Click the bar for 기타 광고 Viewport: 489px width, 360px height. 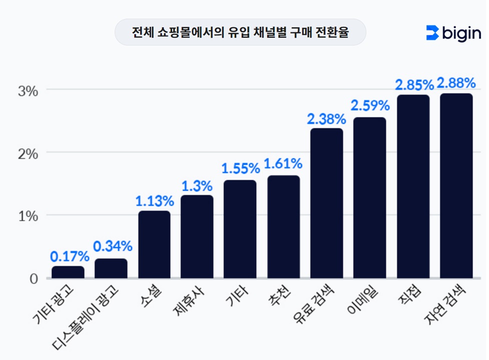tap(68, 272)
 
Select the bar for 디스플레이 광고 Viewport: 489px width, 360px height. tap(111, 268)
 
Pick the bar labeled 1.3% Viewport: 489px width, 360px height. tap(197, 236)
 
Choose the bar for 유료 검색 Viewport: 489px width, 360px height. tap(326, 203)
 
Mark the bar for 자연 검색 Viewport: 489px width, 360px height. tap(456, 185)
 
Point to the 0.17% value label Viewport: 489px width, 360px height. tap(69, 257)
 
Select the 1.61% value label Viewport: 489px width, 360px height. tap(283, 163)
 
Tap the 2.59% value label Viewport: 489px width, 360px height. tap(369, 106)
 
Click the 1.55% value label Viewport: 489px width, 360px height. tap(240, 168)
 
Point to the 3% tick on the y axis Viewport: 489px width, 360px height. tap(28, 90)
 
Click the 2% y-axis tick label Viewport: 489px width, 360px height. tap(28, 153)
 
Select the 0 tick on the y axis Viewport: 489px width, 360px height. tap(33, 278)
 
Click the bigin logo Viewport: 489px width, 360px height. tap(453, 33)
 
